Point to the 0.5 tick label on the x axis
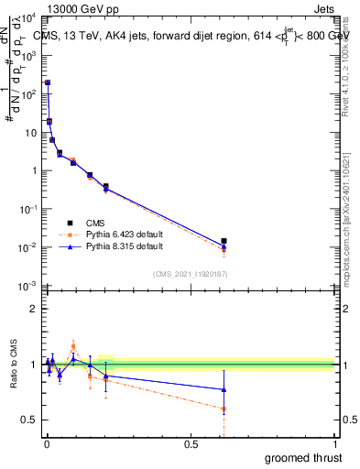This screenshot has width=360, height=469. coord(191,443)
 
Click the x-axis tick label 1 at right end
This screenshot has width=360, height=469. coord(335,443)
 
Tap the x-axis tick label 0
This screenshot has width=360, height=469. coord(47,443)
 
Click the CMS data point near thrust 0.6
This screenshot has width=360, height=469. coord(224,241)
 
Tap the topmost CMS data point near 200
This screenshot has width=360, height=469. coord(48,82)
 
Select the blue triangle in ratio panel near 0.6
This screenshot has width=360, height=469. coord(224,389)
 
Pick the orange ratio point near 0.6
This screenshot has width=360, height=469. coord(224,409)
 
